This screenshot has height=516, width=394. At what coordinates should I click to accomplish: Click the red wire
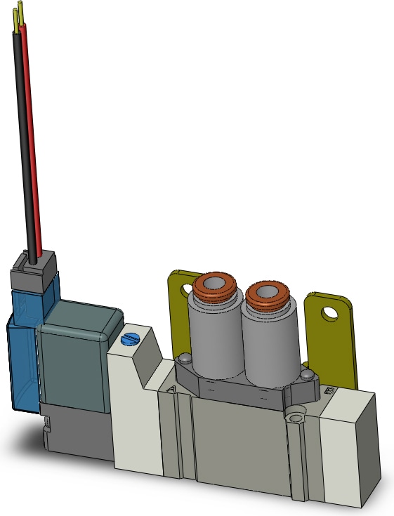click(33, 140)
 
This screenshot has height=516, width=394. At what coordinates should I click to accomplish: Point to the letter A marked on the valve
click(171, 388)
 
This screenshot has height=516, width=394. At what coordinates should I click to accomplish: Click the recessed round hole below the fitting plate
click(294, 419)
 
